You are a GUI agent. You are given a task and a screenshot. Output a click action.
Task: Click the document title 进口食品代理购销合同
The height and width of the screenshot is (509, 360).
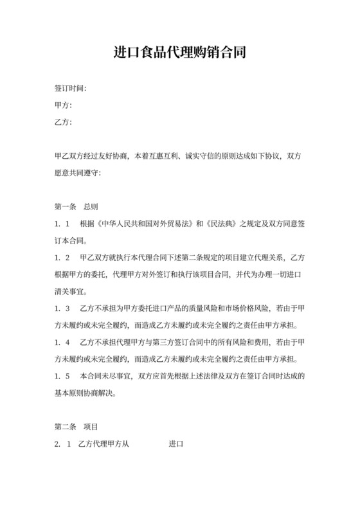tap(179, 52)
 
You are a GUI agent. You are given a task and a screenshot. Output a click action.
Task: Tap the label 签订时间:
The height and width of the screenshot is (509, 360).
tap(70, 88)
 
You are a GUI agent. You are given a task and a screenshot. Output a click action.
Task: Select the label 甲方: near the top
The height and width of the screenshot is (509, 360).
tap(62, 105)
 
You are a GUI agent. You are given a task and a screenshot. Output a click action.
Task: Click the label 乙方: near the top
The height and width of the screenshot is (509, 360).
tap(62, 122)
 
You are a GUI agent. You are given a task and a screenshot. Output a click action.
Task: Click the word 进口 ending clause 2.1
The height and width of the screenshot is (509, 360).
tap(176, 444)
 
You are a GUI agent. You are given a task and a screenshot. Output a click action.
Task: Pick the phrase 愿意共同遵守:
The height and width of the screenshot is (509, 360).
tap(78, 173)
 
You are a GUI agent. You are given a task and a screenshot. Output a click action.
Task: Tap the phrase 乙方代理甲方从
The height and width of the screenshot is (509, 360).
tap(102, 444)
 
